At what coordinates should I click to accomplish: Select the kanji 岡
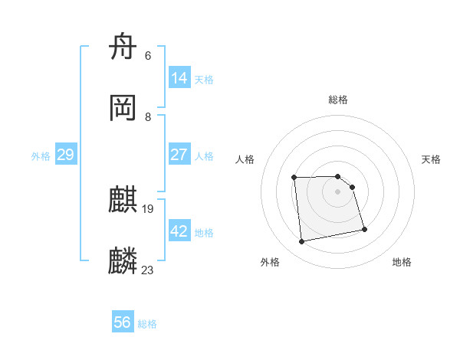(123, 109)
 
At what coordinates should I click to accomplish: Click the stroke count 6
(148, 56)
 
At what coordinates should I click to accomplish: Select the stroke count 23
(148, 270)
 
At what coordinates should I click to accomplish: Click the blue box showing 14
(179, 77)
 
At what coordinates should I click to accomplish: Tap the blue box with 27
(179, 154)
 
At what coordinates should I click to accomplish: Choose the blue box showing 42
(179, 231)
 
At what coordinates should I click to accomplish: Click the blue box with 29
(65, 155)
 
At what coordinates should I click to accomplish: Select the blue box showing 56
(123, 322)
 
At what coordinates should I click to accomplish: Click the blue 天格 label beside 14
(204, 79)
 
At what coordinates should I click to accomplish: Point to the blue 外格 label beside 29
(41, 156)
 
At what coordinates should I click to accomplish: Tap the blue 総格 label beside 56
(147, 324)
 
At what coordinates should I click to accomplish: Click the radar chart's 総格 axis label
(338, 100)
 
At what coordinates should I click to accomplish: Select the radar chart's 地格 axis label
(402, 263)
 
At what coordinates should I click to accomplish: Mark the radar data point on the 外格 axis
(302, 242)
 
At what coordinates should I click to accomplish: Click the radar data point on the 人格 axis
(294, 178)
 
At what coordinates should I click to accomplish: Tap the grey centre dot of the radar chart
(338, 191)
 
